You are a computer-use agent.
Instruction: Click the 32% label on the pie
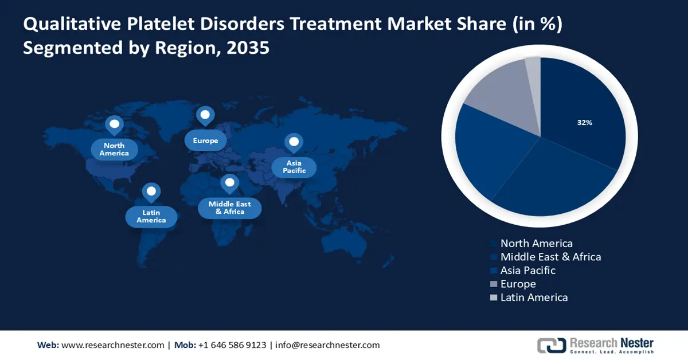pos(584,123)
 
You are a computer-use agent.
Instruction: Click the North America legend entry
pos(536,244)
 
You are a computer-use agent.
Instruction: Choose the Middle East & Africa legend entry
pos(550,257)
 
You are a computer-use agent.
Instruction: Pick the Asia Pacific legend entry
pos(527,270)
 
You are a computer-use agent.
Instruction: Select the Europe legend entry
pos(518,284)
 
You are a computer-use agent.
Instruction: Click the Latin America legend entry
pos(534,297)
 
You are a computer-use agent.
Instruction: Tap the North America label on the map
pos(114,150)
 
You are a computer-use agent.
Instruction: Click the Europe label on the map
pos(205,140)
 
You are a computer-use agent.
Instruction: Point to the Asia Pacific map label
pos(294,167)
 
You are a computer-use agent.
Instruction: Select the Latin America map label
pos(151,216)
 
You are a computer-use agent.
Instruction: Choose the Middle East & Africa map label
pos(229,208)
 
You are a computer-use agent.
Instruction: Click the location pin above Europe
pos(205,115)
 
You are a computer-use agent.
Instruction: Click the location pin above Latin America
pos(151,191)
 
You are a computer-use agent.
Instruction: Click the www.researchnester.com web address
pos(112,345)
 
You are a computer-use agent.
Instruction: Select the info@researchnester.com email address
pos(327,345)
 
